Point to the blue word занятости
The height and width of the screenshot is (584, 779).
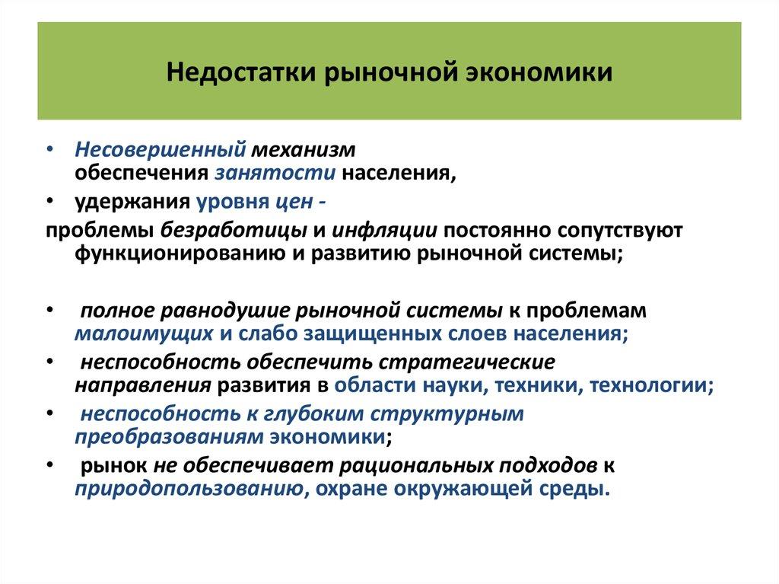point(275,172)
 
